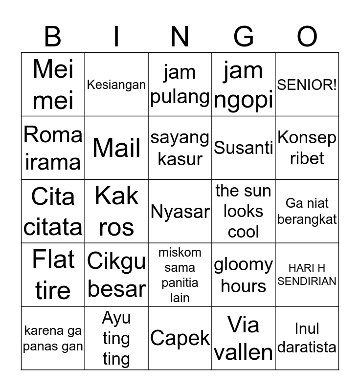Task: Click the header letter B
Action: tap(53, 37)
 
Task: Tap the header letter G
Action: tap(244, 37)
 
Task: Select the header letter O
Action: tap(307, 37)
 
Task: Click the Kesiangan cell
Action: tap(116, 85)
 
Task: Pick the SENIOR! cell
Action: tap(307, 85)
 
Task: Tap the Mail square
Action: tap(116, 148)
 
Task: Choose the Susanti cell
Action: tap(244, 148)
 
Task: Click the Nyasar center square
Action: tap(180, 211)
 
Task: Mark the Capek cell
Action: tap(180, 338)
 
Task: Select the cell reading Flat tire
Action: tap(53, 275)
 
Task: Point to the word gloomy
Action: tap(244, 265)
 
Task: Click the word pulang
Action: tap(180, 96)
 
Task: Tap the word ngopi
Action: tap(244, 100)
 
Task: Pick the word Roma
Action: tap(53, 134)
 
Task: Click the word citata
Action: tap(53, 227)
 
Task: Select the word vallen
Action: tap(244, 352)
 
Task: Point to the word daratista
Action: tap(307, 347)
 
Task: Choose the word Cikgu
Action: tap(116, 261)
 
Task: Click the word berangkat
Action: tap(307, 219)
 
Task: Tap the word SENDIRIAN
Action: tap(307, 282)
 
